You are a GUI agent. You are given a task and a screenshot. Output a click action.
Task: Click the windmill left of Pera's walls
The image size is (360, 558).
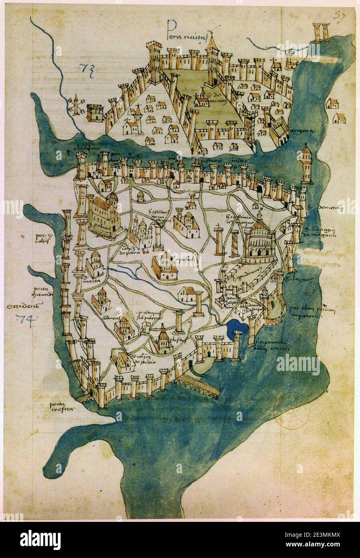[x=75, y=105]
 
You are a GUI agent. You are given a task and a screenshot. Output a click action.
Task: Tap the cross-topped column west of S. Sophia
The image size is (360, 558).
[x=219, y=241]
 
